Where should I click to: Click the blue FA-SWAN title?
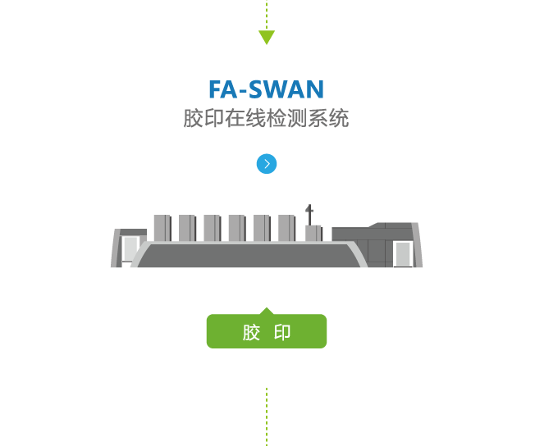[267, 89]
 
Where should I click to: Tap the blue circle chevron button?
[267, 164]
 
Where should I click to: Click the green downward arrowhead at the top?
[267, 37]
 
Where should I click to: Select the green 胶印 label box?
[267, 332]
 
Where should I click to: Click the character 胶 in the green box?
[251, 333]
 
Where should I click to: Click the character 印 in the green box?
[282, 333]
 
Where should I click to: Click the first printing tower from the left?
[162, 228]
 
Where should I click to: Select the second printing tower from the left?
[187, 228]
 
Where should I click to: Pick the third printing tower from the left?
[212, 228]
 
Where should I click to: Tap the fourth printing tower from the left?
[236, 228]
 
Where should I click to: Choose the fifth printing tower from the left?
[261, 228]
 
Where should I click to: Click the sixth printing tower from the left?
[286, 228]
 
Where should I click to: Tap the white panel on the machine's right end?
[401, 253]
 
